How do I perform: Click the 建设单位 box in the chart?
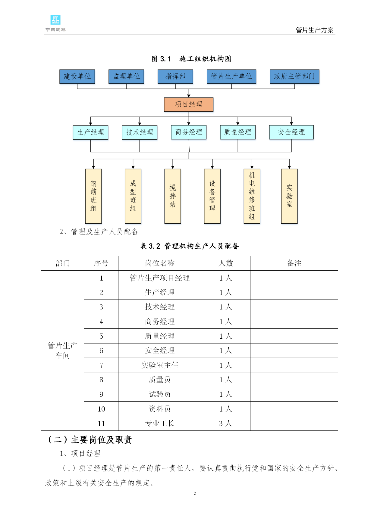point(77,76)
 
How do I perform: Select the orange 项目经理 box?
point(189,104)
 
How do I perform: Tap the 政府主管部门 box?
point(294,76)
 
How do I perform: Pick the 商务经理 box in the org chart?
point(189,132)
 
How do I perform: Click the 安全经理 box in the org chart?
point(291,132)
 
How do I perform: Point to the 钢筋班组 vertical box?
point(93,196)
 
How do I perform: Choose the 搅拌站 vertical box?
point(173,196)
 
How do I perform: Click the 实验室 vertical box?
point(289,196)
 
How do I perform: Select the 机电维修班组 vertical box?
point(252,196)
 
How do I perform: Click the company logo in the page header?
point(55,23)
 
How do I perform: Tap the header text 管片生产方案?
point(315,30)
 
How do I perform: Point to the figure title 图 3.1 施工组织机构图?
point(191,59)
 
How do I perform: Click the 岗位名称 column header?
point(160,263)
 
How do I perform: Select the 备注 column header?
point(294,263)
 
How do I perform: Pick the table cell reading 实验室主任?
point(160,365)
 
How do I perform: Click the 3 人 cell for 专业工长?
point(225,424)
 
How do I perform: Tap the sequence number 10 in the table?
point(101,409)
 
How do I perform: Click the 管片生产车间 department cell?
point(63,350)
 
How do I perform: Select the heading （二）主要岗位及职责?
point(90,440)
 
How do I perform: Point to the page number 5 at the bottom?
point(195,493)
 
